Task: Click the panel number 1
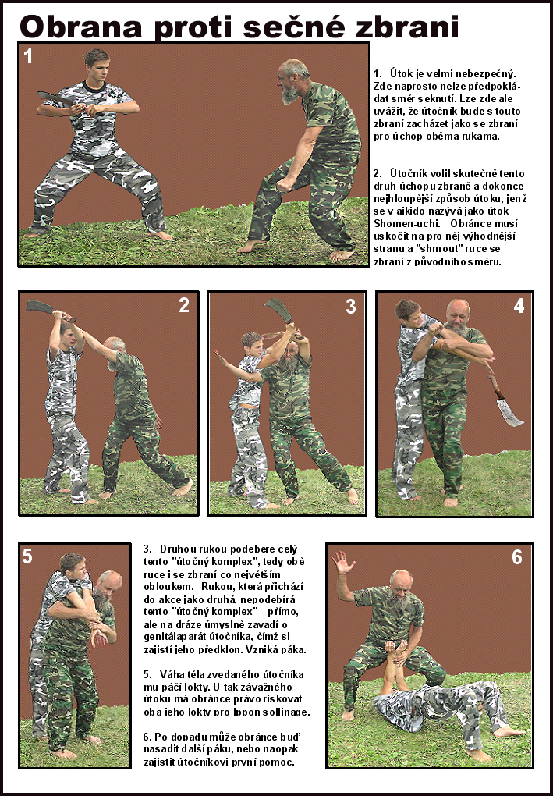pyautogui.click(x=28, y=55)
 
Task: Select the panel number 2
pyautogui.click(x=184, y=305)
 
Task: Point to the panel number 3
pyautogui.click(x=351, y=306)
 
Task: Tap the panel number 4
pyautogui.click(x=519, y=306)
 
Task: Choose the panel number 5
pyautogui.click(x=27, y=557)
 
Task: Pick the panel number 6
pyautogui.click(x=516, y=557)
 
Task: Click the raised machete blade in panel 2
pyautogui.click(x=43, y=307)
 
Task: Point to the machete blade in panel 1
pyautogui.click(x=55, y=98)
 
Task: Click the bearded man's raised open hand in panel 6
pyautogui.click(x=343, y=563)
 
